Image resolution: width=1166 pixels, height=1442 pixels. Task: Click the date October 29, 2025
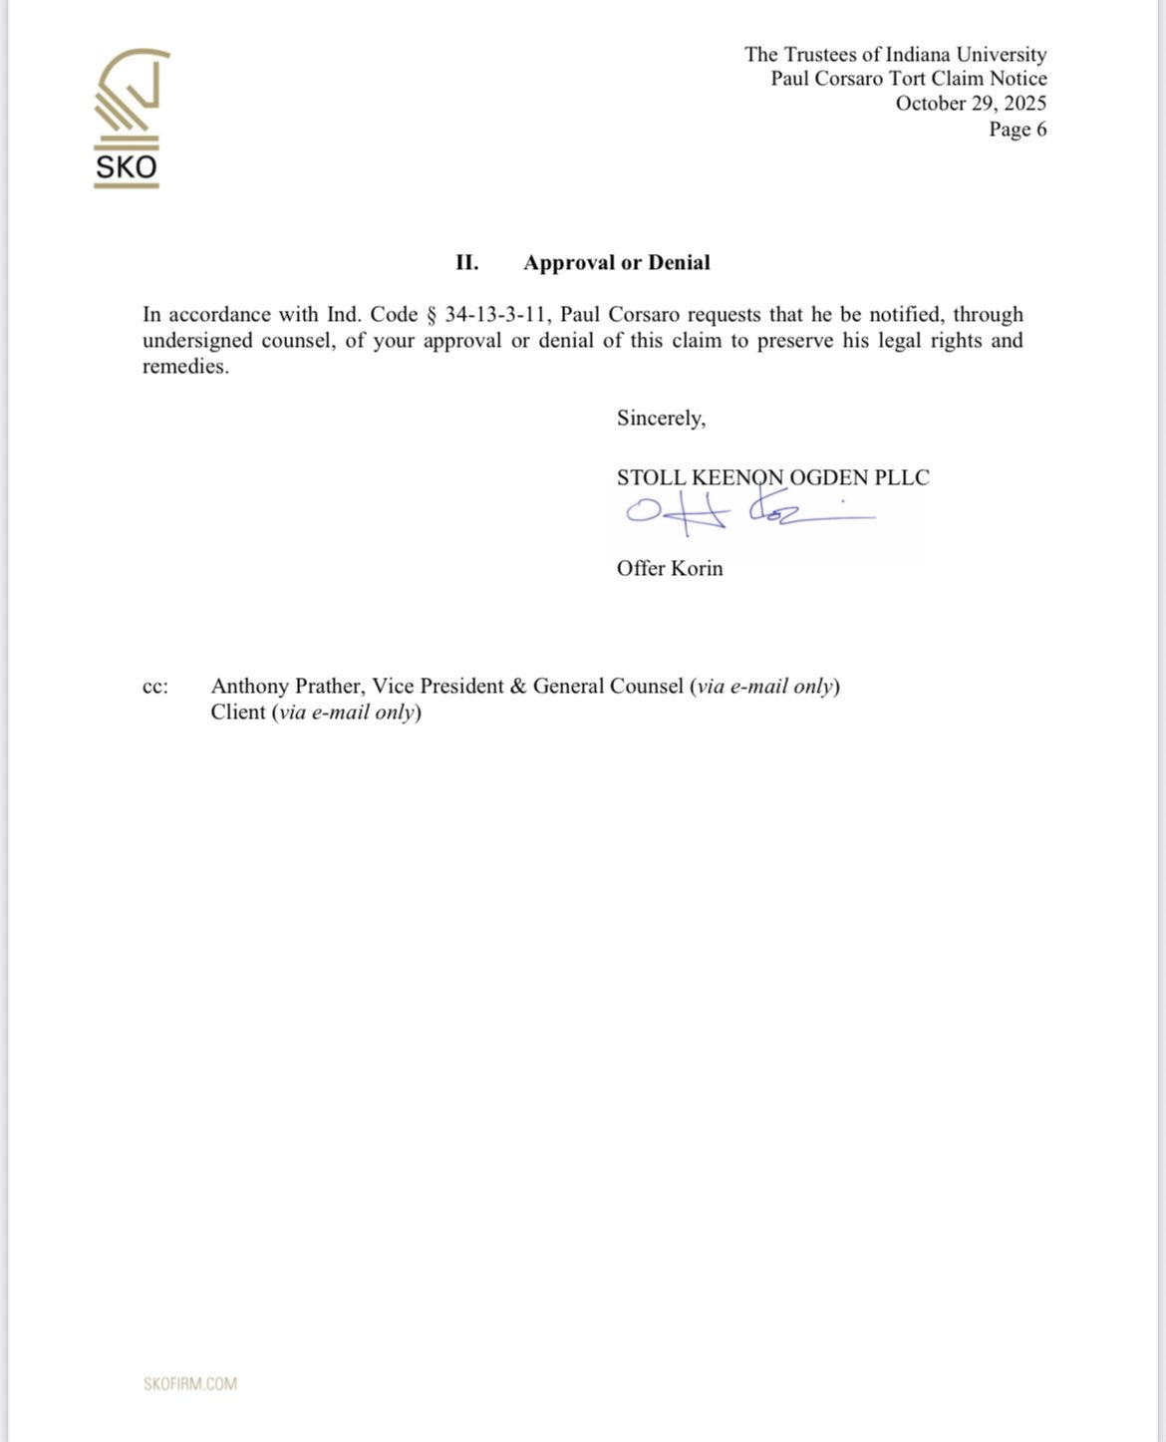coord(970,104)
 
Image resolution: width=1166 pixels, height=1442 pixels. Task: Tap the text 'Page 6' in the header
coord(1017,129)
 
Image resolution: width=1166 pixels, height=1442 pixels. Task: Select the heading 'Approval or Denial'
coord(617,263)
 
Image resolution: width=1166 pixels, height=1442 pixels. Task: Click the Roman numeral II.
coord(467,263)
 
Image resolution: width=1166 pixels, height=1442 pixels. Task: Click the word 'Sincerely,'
coord(661,419)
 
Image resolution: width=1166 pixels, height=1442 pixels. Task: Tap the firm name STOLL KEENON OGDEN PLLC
coord(772,477)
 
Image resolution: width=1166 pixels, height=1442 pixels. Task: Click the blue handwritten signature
coord(747,511)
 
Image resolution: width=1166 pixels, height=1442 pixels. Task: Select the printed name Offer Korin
coord(670,568)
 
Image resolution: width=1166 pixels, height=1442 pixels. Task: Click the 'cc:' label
coord(155,687)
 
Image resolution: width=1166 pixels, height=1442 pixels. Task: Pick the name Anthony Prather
coord(286,687)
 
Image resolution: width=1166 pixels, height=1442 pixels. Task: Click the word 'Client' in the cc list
coord(238,713)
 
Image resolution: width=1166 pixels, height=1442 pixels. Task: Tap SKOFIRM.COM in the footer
coord(190,1383)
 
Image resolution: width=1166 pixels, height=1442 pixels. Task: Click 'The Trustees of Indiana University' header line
coord(895,55)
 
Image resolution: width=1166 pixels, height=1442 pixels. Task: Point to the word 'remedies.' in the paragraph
coord(185,367)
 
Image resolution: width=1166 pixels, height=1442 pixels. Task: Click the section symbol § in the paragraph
coord(432,316)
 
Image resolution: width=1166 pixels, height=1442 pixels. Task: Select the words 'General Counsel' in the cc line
coord(608,687)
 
